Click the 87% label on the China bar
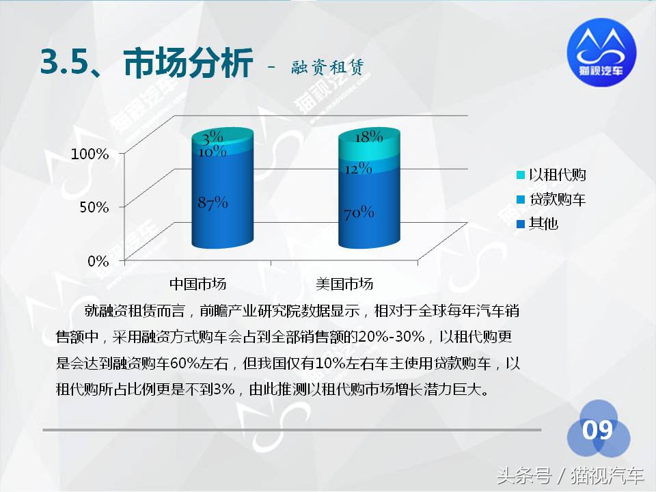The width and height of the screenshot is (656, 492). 212,203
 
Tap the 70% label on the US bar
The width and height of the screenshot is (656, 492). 359,213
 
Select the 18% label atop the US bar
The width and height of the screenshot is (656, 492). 368,136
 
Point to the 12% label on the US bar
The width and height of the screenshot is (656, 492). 357,168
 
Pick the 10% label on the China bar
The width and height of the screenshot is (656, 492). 213,152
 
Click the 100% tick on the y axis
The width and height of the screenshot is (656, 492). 90,154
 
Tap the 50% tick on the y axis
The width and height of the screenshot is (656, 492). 94,207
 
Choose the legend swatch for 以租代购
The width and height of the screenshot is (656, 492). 521,176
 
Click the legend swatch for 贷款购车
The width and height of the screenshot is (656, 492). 521,200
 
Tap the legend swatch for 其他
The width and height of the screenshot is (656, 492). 521,223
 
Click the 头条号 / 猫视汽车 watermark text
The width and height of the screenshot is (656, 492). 570,475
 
